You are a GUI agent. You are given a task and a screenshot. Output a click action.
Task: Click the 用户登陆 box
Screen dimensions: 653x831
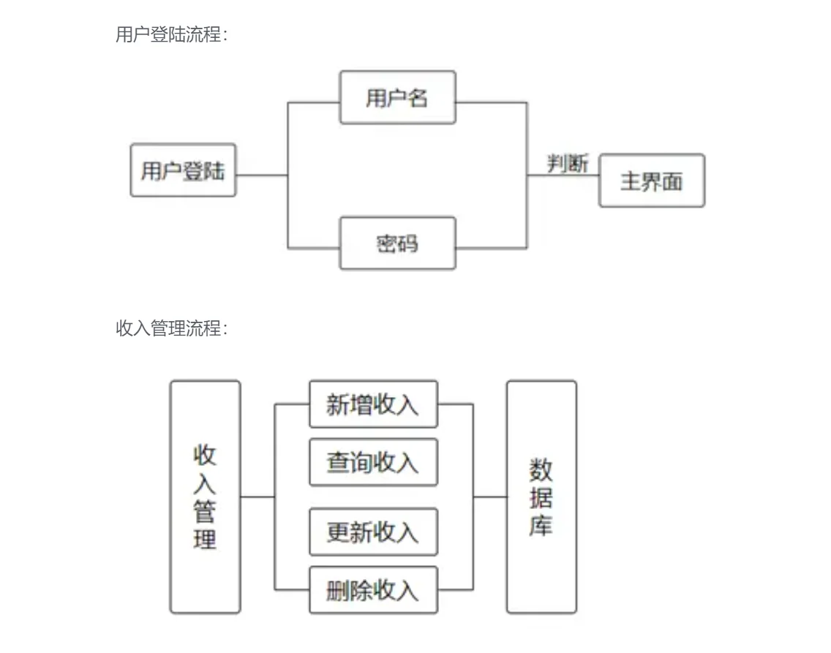click(183, 170)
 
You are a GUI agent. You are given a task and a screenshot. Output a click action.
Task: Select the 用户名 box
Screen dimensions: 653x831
click(397, 97)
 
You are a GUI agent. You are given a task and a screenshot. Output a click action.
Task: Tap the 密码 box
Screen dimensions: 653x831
click(397, 243)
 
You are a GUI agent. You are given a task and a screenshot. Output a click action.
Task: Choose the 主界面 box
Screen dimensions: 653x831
click(652, 181)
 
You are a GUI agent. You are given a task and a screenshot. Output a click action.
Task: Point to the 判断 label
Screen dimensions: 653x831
click(568, 164)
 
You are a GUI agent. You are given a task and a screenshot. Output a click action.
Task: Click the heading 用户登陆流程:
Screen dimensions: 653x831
click(172, 34)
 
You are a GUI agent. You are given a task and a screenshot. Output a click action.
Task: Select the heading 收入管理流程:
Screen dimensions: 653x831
click(172, 328)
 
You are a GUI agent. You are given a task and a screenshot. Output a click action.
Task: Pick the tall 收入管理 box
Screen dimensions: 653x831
click(205, 497)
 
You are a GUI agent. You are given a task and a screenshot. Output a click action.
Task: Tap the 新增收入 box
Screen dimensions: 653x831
click(373, 404)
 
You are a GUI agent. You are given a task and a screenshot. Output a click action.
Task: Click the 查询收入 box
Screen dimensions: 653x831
click(373, 462)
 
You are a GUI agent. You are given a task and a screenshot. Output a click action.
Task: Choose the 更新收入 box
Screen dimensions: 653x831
click(373, 532)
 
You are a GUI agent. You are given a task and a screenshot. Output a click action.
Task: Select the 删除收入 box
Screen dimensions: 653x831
click(373, 590)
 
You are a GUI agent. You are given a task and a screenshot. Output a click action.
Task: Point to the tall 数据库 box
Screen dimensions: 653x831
click(541, 497)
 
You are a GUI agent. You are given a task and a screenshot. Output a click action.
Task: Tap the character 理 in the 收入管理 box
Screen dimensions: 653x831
click(205, 539)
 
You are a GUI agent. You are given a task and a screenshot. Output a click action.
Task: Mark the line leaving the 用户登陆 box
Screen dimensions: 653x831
click(262, 175)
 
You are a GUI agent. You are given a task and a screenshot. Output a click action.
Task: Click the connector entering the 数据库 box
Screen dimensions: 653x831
click(490, 497)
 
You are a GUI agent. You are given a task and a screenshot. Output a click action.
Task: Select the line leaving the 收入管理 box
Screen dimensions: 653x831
click(257, 497)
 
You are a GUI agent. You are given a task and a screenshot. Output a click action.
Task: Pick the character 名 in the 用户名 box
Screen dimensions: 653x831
click(418, 98)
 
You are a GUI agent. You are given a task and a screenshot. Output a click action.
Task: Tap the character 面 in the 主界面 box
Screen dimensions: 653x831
click(672, 181)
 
